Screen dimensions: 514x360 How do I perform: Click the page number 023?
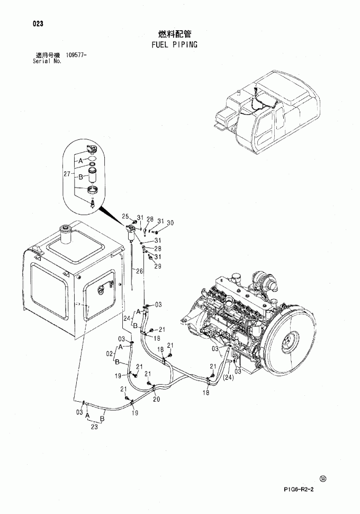38,23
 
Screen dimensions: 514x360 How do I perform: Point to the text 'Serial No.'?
47,61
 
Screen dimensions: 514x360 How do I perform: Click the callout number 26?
139,271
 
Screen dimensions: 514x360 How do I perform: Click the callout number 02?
110,353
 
